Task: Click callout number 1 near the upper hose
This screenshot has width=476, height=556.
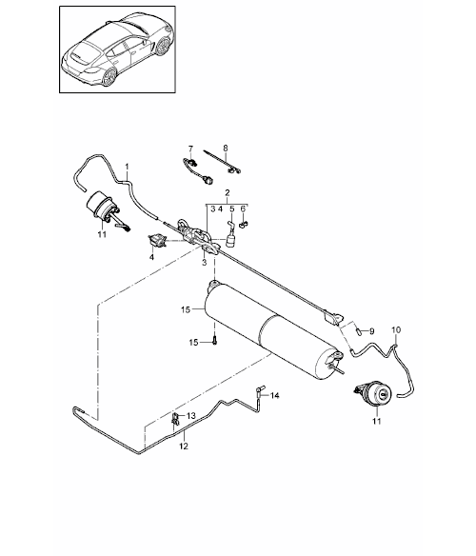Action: pyautogui.click(x=127, y=167)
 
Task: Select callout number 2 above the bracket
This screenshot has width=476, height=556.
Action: pyautogui.click(x=228, y=193)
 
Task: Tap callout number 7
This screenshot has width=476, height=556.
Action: pyautogui.click(x=190, y=149)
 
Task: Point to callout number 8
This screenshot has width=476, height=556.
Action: pyautogui.click(x=226, y=148)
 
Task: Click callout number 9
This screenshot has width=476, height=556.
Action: pyautogui.click(x=371, y=331)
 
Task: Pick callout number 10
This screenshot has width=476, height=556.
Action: pyautogui.click(x=396, y=329)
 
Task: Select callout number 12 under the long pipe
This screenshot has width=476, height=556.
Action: pyautogui.click(x=184, y=447)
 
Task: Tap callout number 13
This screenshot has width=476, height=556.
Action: pyautogui.click(x=190, y=416)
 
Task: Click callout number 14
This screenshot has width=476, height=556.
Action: pyautogui.click(x=274, y=395)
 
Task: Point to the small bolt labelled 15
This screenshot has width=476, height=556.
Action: pyautogui.click(x=215, y=340)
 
